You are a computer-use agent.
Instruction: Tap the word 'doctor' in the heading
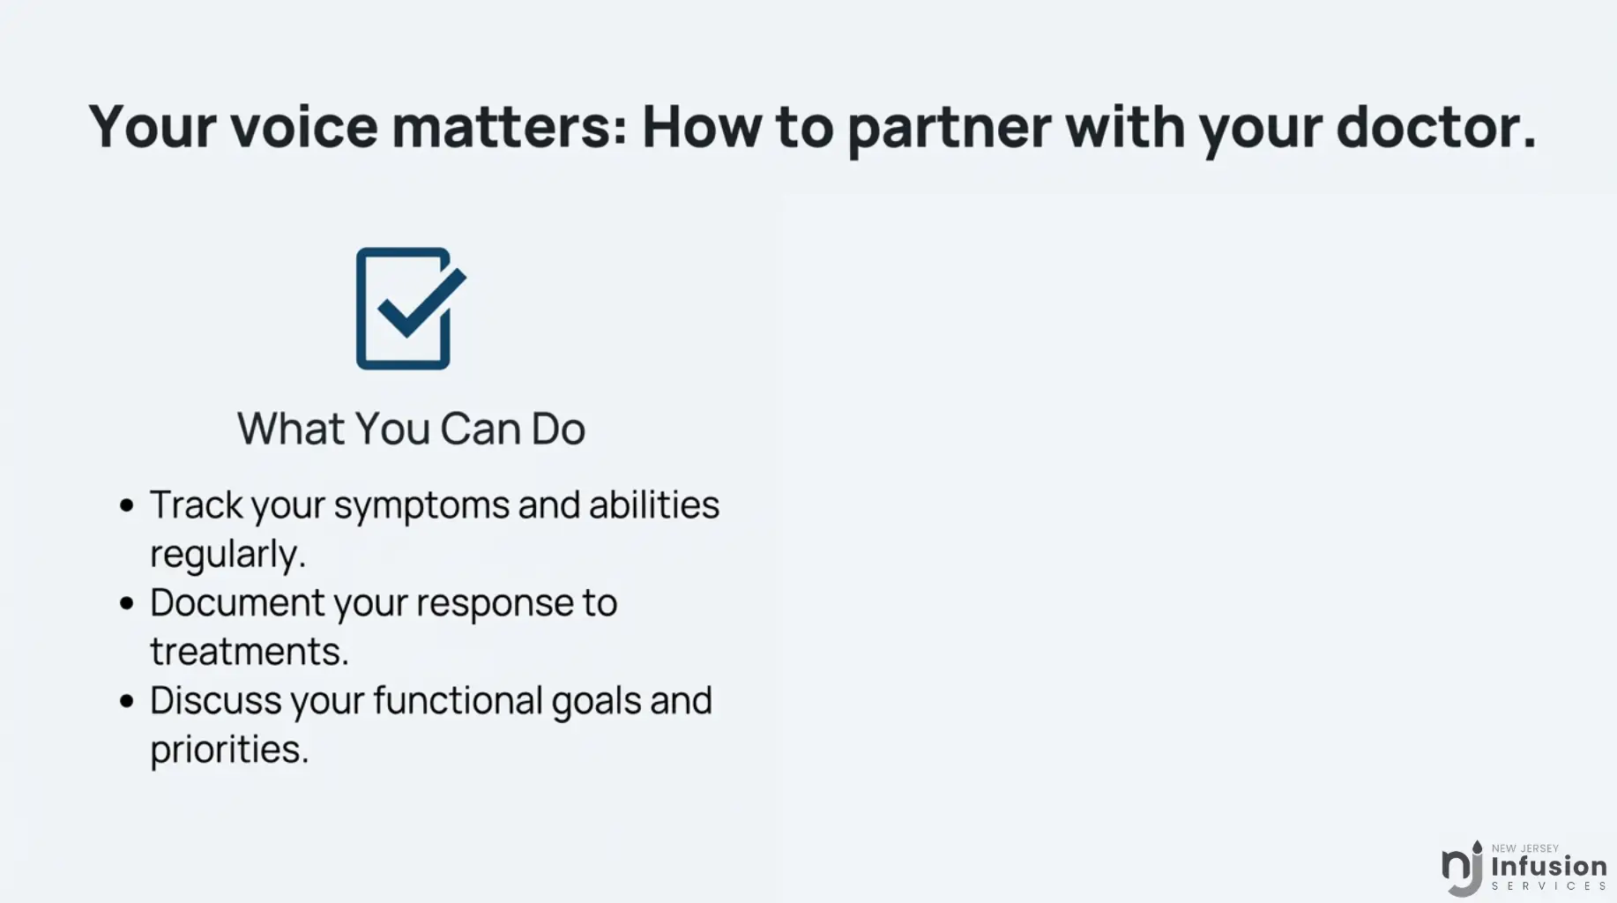coord(1427,126)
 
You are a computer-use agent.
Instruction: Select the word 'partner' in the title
coord(949,129)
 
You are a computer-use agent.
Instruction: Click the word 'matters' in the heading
coord(509,127)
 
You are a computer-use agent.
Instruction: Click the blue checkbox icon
coord(411,309)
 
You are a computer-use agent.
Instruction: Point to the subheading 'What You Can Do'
coord(411,429)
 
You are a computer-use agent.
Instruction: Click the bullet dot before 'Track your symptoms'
coord(127,505)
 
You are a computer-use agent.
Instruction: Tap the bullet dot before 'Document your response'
coord(127,603)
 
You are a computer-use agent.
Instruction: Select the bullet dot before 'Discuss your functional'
coord(127,701)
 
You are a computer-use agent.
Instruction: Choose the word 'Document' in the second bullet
coord(237,603)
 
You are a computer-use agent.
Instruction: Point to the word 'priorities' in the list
coord(229,750)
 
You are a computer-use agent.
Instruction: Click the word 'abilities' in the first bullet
coord(654,505)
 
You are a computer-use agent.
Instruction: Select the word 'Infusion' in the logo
coord(1549,866)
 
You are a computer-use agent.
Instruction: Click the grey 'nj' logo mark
coord(1462,869)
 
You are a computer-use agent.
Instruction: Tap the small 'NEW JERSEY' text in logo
coord(1525,848)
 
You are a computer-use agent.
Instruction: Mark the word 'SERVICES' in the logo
coord(1549,886)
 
